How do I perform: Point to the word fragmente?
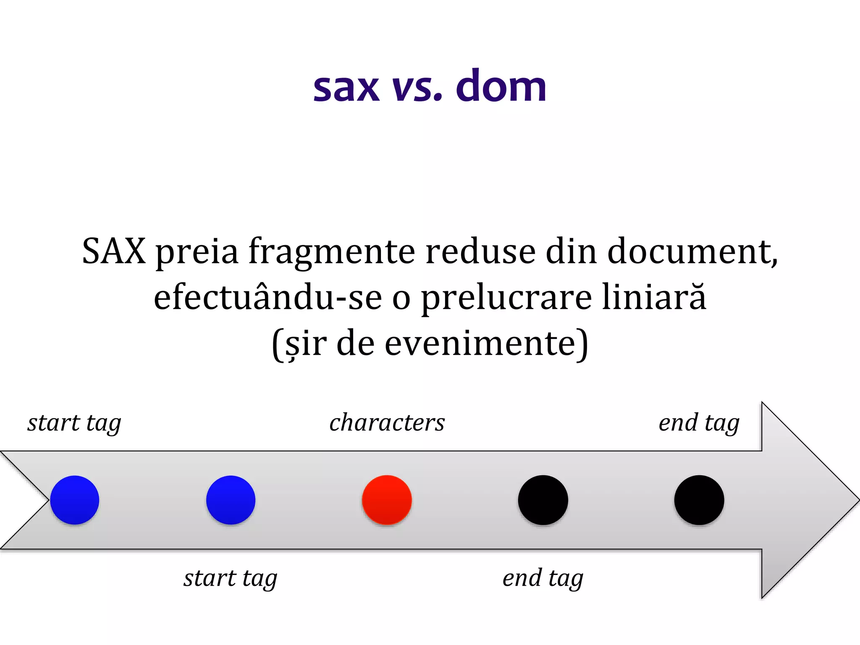point(332,252)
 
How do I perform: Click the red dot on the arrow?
point(387,500)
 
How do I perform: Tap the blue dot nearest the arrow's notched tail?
point(75,500)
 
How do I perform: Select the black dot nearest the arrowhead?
point(699,500)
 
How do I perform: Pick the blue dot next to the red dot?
point(231,500)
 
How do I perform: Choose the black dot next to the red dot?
point(543,500)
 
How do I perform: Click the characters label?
point(387,422)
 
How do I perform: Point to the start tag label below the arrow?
point(231,578)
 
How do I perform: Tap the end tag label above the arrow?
point(699,422)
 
